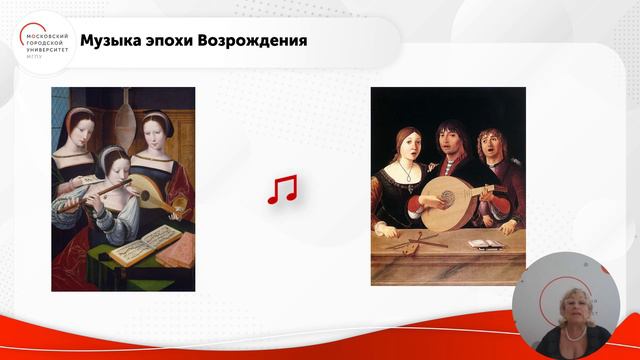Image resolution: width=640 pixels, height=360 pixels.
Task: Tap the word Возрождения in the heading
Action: [x=257, y=41]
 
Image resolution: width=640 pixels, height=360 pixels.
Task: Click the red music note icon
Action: [x=282, y=189]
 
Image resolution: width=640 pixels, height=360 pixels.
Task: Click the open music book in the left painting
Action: [x=140, y=244]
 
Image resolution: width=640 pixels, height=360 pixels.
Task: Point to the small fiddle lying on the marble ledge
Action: [x=411, y=241]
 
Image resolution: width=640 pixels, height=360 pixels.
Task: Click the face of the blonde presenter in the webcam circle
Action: [x=556, y=299]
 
